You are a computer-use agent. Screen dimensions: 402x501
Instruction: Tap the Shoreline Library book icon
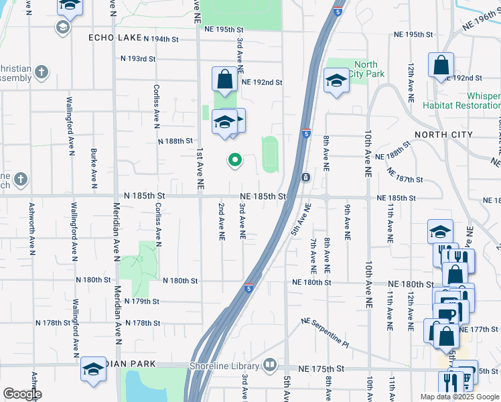point(269,365)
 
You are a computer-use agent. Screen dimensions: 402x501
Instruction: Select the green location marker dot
point(234,159)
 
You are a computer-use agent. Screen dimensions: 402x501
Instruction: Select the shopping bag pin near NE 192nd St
point(225,80)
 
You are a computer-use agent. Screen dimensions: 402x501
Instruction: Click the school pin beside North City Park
point(335,82)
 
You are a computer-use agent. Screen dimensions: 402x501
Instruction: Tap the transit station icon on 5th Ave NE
point(305,177)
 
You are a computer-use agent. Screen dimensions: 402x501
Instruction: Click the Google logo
point(21,394)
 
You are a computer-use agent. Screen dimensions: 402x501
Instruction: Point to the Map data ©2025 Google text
point(459,397)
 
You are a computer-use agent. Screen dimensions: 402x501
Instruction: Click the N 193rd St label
point(138,59)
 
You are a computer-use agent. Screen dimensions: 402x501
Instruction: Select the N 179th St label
point(141,301)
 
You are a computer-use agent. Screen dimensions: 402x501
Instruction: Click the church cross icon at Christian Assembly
point(42,70)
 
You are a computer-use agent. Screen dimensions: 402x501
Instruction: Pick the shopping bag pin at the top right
point(441,66)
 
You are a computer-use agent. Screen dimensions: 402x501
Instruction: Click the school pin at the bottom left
point(94,369)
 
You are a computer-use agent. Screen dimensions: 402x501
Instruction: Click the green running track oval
point(269,154)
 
